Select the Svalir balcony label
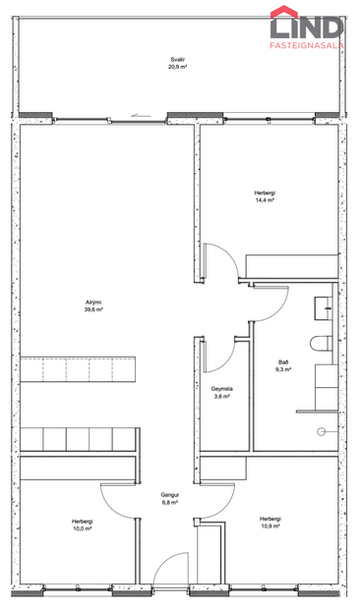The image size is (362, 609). point(177,60)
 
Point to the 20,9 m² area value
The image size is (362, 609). point(177,68)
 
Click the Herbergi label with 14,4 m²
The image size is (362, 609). point(264,193)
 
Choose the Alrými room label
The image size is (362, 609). point(93,301)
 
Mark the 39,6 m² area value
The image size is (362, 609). point(93,308)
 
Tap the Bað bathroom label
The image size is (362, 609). point(283,361)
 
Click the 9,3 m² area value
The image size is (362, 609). point(283,369)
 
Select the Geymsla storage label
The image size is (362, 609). point(221,389)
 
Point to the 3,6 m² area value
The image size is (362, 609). point(221,397)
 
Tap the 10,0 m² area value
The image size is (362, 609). point(82,528)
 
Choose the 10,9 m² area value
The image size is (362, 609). point(271,526)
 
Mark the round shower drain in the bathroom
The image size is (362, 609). point(321,432)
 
